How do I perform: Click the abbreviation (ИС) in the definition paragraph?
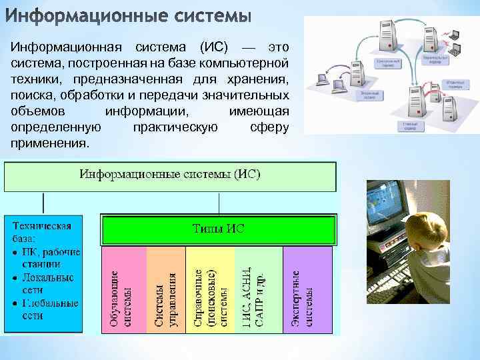[213, 48]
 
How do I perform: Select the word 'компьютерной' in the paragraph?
[249, 63]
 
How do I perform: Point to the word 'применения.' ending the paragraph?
[49, 143]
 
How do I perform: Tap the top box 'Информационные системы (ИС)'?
[170, 175]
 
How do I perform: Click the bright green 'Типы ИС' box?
[218, 229]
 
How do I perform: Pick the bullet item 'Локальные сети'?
[47, 283]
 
